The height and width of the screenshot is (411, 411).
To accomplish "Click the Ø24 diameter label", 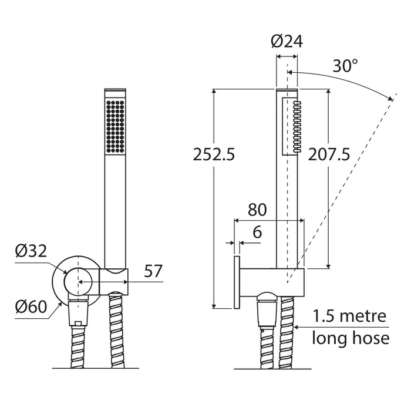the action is pos(287,42).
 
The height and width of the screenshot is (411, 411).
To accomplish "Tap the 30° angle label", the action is pos(345,66).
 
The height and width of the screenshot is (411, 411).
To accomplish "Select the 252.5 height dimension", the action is pos(214,154).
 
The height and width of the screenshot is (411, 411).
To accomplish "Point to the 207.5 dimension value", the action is pos(329,154).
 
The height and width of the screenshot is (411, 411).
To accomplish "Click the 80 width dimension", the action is pos(257,210).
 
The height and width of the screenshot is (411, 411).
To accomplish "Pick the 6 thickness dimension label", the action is pos(257,232).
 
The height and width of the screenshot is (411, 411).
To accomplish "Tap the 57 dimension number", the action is pos(153,271).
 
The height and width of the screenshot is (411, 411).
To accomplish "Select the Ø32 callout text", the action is pos(31,251).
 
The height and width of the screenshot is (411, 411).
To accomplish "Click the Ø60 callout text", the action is pos(31,306).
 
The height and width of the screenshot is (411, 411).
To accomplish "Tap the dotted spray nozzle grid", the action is pos(115,126).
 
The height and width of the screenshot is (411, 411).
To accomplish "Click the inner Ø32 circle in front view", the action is pos(78,282).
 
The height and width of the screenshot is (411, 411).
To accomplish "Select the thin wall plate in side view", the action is pos(237,282).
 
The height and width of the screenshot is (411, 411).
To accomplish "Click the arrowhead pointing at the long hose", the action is pos(296,327).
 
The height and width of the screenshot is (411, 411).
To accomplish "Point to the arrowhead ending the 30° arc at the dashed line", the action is pos(390,98).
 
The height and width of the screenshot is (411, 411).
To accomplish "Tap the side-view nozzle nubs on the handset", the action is pos(297,126).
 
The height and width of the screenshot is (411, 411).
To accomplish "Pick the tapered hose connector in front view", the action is pos(78,313).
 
